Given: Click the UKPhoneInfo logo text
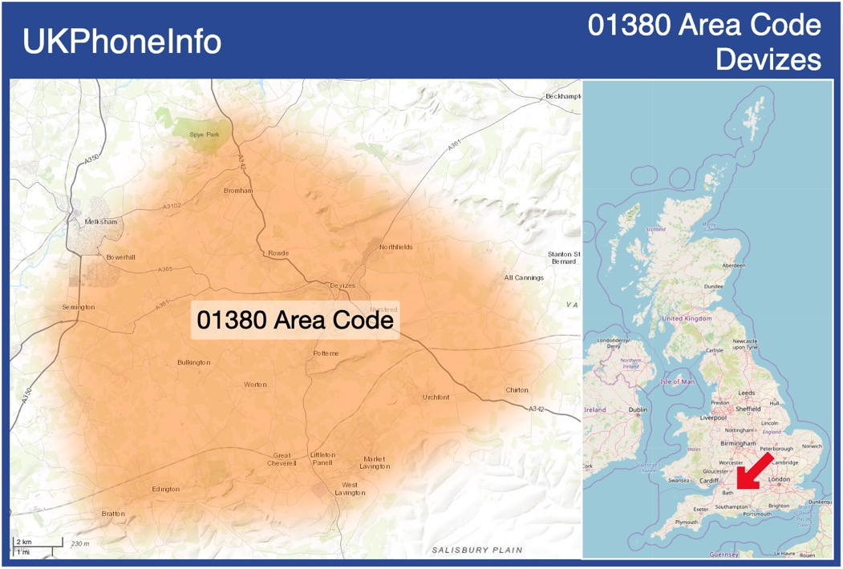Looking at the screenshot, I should point(122,42).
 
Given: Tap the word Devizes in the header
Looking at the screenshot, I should point(768,59).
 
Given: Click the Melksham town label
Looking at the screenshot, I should point(101,221).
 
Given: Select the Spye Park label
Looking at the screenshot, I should point(204,134).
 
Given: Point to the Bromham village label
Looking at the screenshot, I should point(238,191).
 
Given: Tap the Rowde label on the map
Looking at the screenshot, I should point(278,253).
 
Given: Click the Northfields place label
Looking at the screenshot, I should point(396,247).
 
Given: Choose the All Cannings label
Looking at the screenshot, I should point(524,278).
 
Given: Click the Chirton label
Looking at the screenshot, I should point(517,390).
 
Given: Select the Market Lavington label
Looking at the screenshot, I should point(375,462).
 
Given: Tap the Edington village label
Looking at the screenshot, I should point(166,489).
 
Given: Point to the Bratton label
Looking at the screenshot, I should point(114,514).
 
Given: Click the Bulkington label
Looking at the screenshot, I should point(194,363).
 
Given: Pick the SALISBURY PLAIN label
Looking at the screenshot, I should point(477,551).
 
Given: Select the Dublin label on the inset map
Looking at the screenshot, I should point(638,410).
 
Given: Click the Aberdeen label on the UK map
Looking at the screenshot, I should point(733,265).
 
